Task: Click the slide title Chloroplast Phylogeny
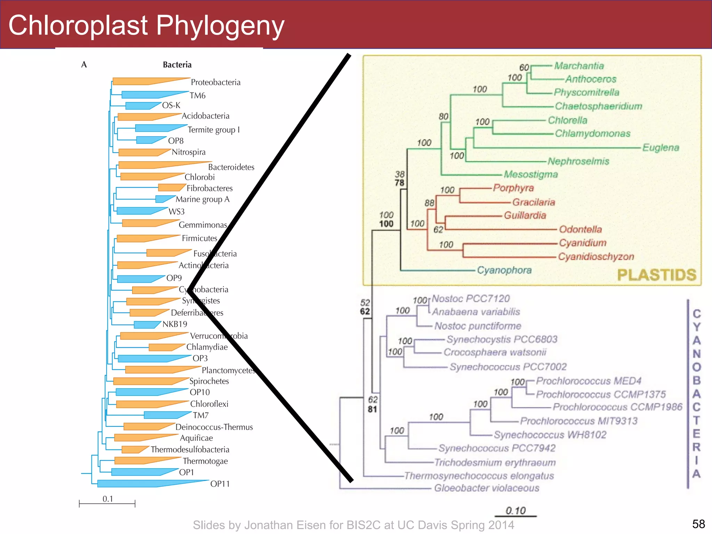click(x=146, y=25)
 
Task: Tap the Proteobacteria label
click(x=216, y=82)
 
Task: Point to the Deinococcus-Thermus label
click(x=214, y=427)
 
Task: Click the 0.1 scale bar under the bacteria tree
click(x=107, y=503)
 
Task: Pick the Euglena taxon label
click(x=661, y=147)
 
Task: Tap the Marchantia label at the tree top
click(x=579, y=66)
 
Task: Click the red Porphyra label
click(x=513, y=188)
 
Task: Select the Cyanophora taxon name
click(x=504, y=270)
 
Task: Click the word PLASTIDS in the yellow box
click(x=657, y=275)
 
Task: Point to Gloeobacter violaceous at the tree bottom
click(x=487, y=488)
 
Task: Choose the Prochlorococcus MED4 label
click(x=589, y=381)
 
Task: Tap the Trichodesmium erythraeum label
click(x=495, y=462)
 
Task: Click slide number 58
click(x=698, y=524)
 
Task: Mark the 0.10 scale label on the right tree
click(x=516, y=511)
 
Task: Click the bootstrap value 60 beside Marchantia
click(x=524, y=67)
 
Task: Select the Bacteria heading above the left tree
click(x=177, y=65)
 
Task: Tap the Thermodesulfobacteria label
click(x=190, y=450)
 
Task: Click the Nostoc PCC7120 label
click(x=471, y=299)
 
